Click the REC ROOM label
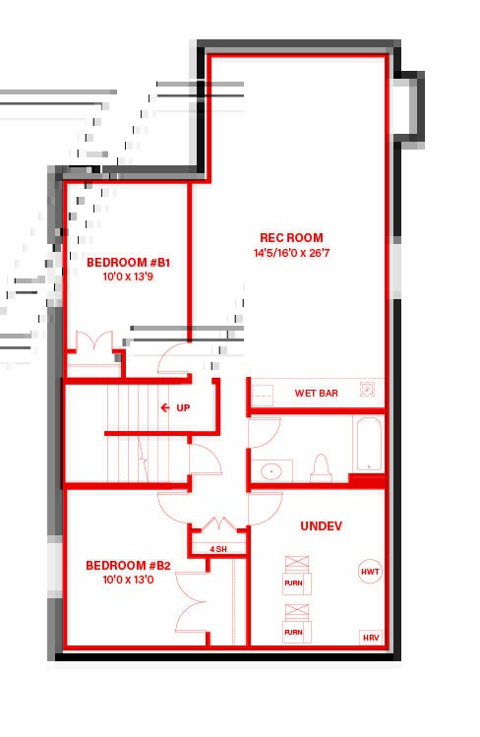coord(291,238)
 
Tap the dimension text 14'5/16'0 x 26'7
coord(291,253)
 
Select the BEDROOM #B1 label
coord(128,263)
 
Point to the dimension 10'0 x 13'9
coord(128,276)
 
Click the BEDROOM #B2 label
coord(128,565)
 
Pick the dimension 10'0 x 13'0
coord(128,580)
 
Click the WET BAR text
coord(316,393)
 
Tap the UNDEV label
coord(322,526)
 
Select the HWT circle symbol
coord(370,572)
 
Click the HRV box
coord(371,638)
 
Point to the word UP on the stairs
coord(183,408)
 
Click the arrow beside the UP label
coord(165,407)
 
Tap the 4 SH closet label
coord(218,549)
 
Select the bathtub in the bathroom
coord(369,443)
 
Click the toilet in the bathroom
coord(322,468)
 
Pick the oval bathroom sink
coord(270,471)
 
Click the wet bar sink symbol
coord(367,389)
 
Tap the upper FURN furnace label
coord(293,583)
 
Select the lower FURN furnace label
coord(293,632)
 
